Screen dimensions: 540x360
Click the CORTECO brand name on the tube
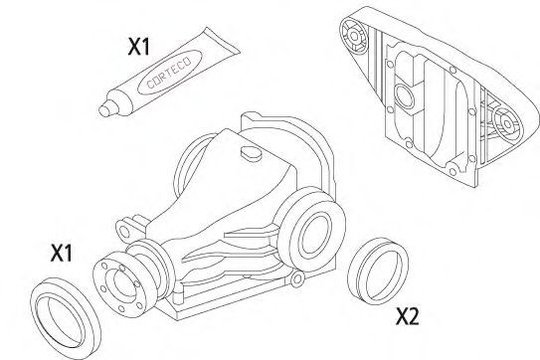coord(169,73)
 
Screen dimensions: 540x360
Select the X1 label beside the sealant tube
coord(139,47)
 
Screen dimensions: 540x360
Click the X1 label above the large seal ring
coord(62,253)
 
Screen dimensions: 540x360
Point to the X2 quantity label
coord(408,316)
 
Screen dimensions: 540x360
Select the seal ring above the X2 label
coord(378,271)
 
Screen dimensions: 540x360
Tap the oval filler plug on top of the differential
coord(251,153)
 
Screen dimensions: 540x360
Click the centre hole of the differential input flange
coord(121,284)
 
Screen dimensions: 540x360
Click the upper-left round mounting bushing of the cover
coord(354,36)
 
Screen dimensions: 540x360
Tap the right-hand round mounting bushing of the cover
coord(507,123)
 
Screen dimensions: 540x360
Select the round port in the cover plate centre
coord(403,95)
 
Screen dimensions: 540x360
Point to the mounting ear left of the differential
coord(125,230)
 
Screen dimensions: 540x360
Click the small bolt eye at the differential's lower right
coord(297,278)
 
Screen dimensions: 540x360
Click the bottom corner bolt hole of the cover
coord(453,171)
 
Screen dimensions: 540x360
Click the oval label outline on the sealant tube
coord(169,72)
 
